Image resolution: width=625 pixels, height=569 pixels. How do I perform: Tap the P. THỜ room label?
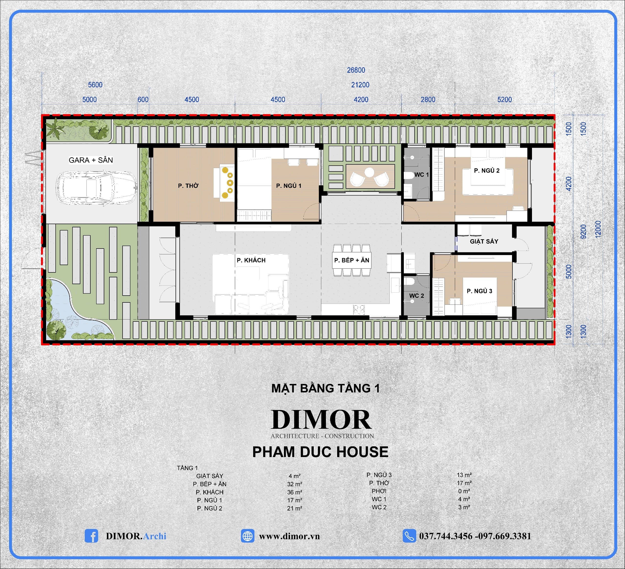click(x=188, y=186)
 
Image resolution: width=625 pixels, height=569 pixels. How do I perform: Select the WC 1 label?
click(x=421, y=175)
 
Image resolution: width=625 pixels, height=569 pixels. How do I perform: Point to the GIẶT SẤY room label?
click(x=484, y=241)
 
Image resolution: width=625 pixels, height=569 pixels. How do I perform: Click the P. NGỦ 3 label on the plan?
click(x=479, y=291)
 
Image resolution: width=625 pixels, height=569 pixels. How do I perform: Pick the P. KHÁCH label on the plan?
click(x=251, y=260)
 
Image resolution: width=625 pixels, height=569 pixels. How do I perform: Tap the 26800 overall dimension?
click(x=356, y=70)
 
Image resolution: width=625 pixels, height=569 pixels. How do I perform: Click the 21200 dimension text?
click(x=360, y=85)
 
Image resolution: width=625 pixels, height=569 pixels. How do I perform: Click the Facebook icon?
click(x=91, y=536)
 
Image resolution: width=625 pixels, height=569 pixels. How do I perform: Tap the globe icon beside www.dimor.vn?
click(x=247, y=536)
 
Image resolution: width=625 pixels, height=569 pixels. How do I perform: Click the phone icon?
click(x=409, y=536)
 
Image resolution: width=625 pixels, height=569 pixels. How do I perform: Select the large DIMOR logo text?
click(x=321, y=420)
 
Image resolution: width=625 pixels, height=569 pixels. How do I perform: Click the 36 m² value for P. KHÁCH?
click(x=294, y=492)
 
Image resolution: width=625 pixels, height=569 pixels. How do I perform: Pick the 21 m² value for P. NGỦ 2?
click(x=294, y=508)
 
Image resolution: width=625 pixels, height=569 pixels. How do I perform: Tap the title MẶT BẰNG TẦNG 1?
click(x=325, y=389)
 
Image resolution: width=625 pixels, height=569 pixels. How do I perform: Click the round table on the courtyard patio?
click(x=369, y=172)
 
